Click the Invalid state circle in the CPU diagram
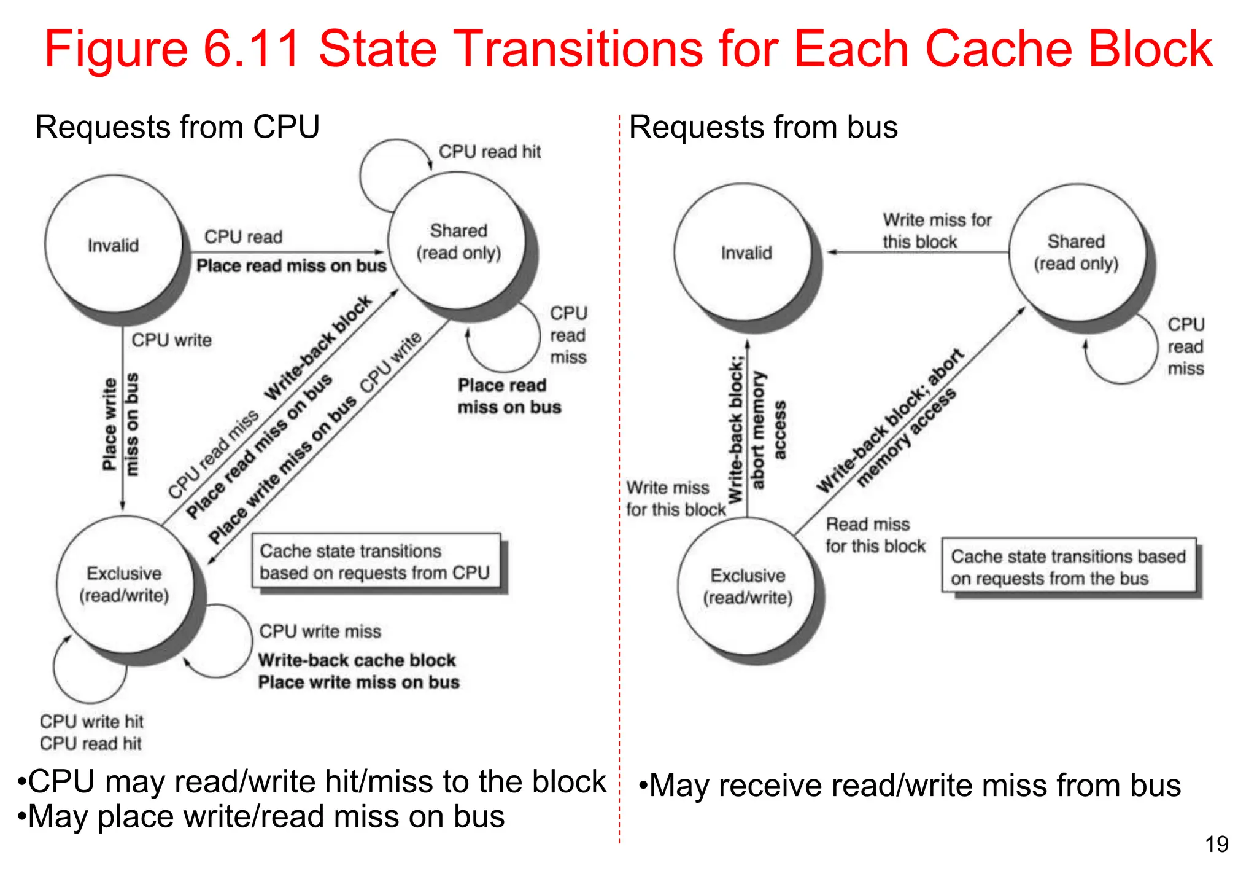(114, 245)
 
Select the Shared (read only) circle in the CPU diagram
(458, 241)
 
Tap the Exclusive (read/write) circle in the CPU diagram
(125, 584)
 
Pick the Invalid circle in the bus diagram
(745, 252)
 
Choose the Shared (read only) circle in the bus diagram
(1077, 252)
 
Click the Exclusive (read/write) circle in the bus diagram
(748, 587)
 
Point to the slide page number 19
(1216, 845)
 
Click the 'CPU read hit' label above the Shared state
(490, 152)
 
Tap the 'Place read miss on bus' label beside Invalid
(291, 266)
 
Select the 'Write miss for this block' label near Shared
(936, 230)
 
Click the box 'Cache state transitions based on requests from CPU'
(375, 562)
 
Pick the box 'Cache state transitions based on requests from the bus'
(1069, 567)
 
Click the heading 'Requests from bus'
(763, 127)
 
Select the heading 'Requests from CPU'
(177, 127)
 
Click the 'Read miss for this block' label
(875, 535)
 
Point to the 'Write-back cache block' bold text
(357, 660)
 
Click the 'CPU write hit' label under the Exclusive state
(91, 721)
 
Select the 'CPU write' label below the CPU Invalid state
(171, 340)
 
